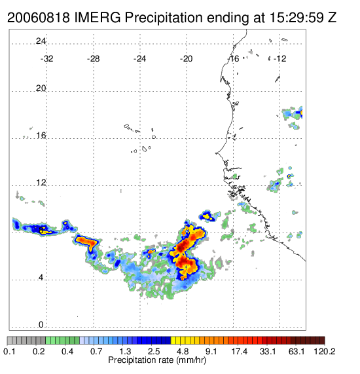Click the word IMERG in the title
[98, 18]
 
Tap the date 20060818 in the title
[39, 18]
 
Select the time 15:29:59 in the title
[297, 18]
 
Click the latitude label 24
[41, 41]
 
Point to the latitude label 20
[41, 88]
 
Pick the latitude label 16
[41, 136]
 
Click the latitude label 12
[41, 183]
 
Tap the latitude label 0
[41, 325]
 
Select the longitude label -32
[46, 59]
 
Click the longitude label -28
[93, 59]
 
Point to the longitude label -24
[139, 59]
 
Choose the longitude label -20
[186, 59]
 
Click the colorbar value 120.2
[324, 351]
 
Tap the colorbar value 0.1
[10, 351]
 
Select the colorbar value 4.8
[183, 351]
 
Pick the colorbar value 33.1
[268, 351]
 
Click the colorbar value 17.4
[240, 351]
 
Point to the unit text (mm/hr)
[191, 360]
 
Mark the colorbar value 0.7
[96, 351]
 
